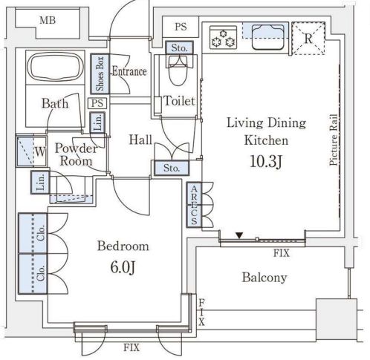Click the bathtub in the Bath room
(55, 66)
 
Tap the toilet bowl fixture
(178, 71)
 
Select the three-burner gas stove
(223, 37)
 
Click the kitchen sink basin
(268, 36)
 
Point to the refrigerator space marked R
(308, 39)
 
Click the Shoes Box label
(100, 73)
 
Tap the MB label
(48, 20)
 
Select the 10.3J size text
(266, 161)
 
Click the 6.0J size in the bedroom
(123, 267)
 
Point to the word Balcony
(264, 278)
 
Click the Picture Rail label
(334, 140)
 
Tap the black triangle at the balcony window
(239, 235)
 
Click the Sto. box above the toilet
(179, 48)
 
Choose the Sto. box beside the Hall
(172, 168)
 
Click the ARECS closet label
(194, 205)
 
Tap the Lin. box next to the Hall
(97, 122)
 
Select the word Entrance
(129, 71)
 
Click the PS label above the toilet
(181, 27)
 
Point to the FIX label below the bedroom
(132, 347)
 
